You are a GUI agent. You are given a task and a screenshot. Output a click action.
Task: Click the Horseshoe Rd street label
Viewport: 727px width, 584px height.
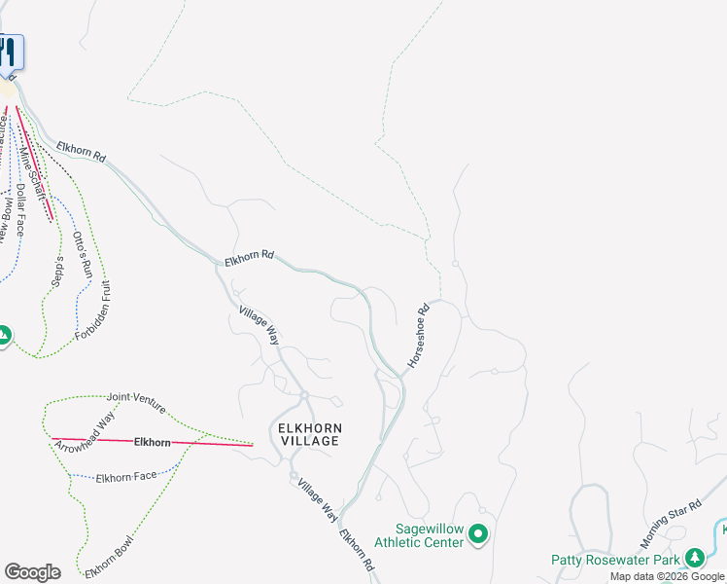pos(418,338)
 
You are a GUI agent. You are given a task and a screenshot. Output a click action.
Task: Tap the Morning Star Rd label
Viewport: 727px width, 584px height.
pos(670,525)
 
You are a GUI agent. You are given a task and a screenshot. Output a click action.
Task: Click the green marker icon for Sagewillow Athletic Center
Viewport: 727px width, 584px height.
pos(478,534)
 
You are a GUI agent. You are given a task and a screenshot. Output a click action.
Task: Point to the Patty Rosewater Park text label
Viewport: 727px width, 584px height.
pos(614,559)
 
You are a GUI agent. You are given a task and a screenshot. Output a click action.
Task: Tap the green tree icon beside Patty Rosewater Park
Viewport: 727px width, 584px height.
pos(694,558)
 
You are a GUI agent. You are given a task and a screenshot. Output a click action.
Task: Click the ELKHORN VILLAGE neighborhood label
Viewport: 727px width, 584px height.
pos(309,434)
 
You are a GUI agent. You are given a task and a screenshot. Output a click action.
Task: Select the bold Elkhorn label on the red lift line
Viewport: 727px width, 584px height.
pos(153,442)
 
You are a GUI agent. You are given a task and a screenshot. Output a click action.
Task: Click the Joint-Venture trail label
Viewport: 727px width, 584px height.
pos(136,399)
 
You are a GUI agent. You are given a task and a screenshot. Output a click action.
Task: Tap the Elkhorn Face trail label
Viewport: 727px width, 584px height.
pos(126,477)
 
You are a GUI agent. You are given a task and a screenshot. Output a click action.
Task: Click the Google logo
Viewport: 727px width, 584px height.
pos(32,572)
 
